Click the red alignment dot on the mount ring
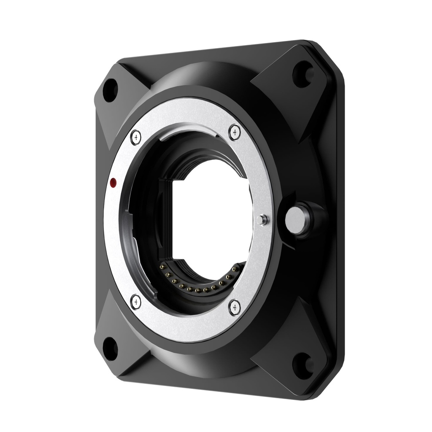coord(113,182)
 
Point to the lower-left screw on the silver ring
coord(136,301)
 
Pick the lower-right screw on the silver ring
coord(235,307)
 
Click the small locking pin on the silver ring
coord(262,219)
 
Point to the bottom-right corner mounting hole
coord(302,363)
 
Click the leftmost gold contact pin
coord(162,267)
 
